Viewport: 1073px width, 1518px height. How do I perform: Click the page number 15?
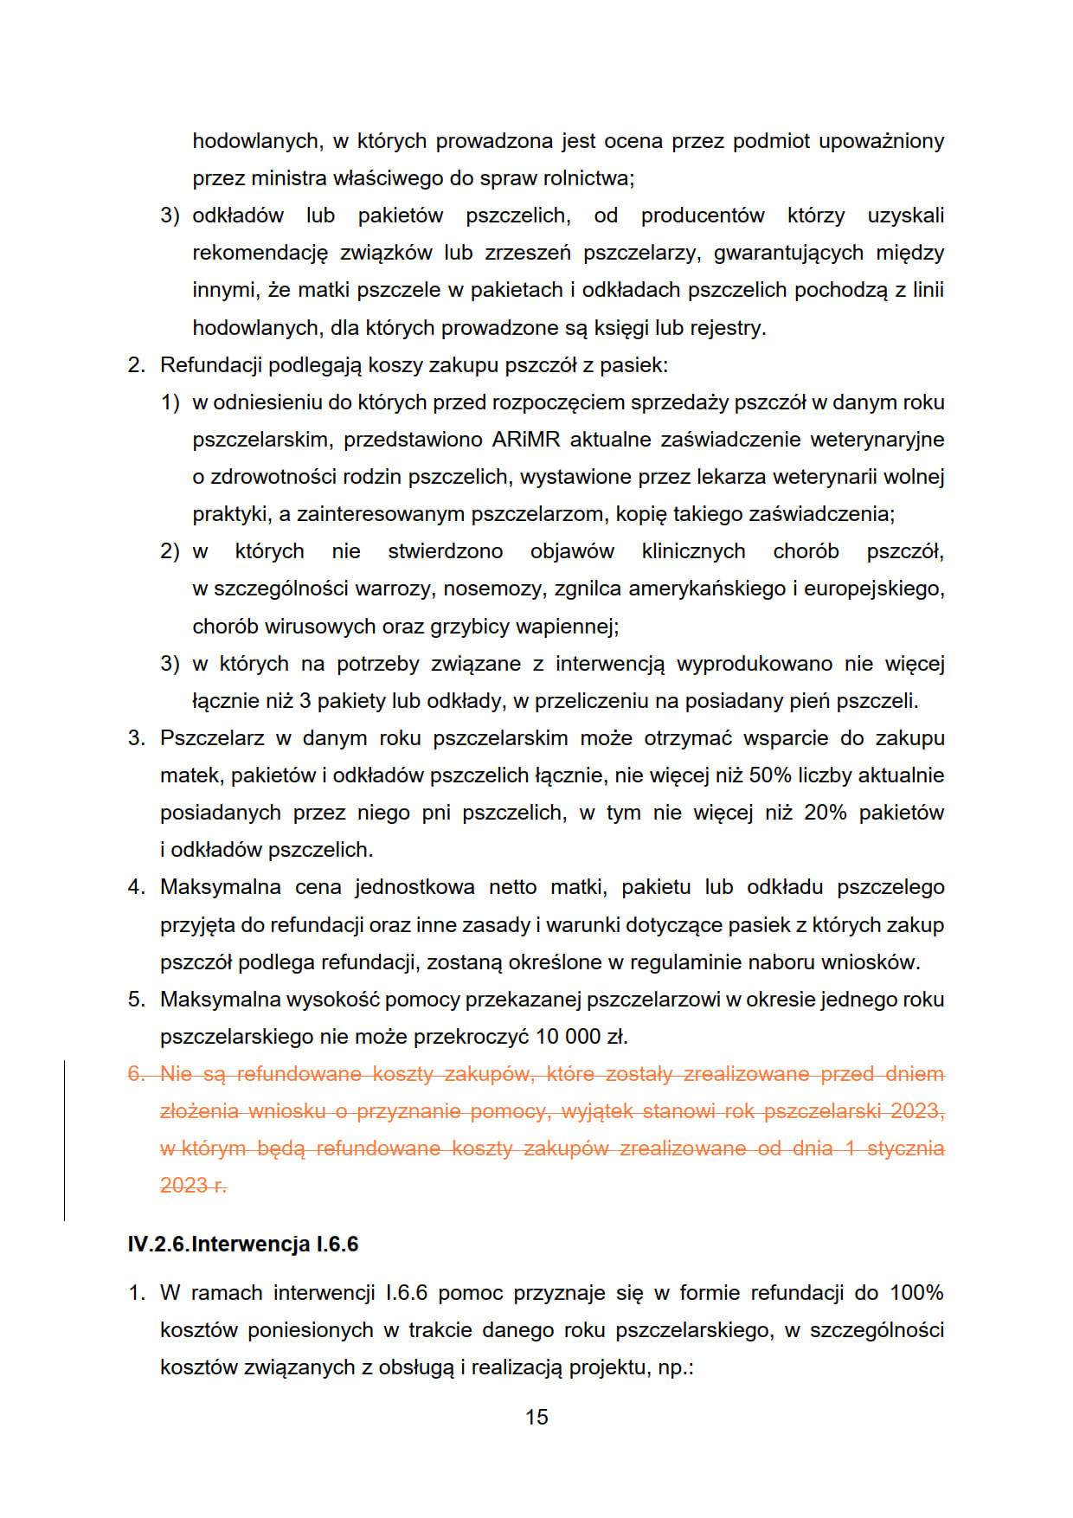pos(536,1417)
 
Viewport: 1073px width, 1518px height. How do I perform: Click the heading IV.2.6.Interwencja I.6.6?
pos(242,1244)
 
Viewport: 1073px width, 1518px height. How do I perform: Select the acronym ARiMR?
pos(526,440)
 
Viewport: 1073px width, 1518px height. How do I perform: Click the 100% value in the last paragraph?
pos(916,1293)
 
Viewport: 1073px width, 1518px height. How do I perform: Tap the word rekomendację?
pos(260,253)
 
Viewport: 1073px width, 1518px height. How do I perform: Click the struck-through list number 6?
pos(136,1074)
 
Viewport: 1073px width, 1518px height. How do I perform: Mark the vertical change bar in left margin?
pos(65,1140)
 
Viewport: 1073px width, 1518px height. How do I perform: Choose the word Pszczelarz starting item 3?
pos(212,738)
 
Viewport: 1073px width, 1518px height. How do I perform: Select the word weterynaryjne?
pos(877,440)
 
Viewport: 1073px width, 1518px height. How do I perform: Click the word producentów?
pos(703,215)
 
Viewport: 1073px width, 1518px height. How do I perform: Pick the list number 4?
pos(136,887)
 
